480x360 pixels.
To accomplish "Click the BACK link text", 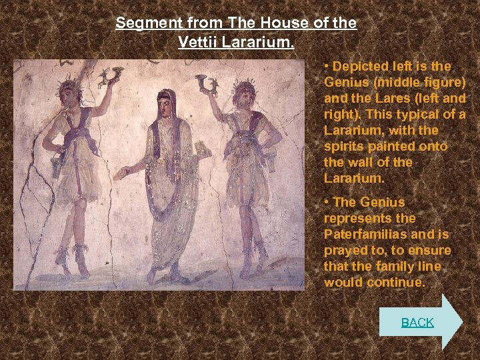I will (x=417, y=323).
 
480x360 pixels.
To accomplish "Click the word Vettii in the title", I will (x=198, y=41).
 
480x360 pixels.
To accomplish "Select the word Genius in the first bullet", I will (x=345, y=82).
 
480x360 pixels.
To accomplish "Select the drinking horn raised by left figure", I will (x=111, y=76).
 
